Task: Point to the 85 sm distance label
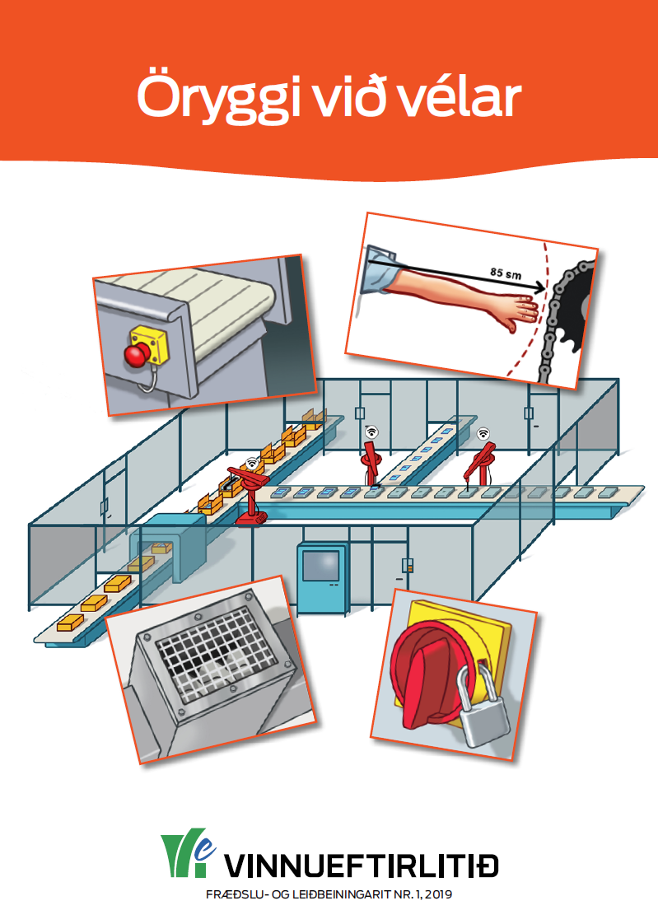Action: pyautogui.click(x=506, y=273)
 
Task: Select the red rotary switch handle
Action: pyautogui.click(x=425, y=672)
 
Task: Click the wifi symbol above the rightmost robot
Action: pyautogui.click(x=483, y=434)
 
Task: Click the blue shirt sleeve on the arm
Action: pyautogui.click(x=378, y=270)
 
